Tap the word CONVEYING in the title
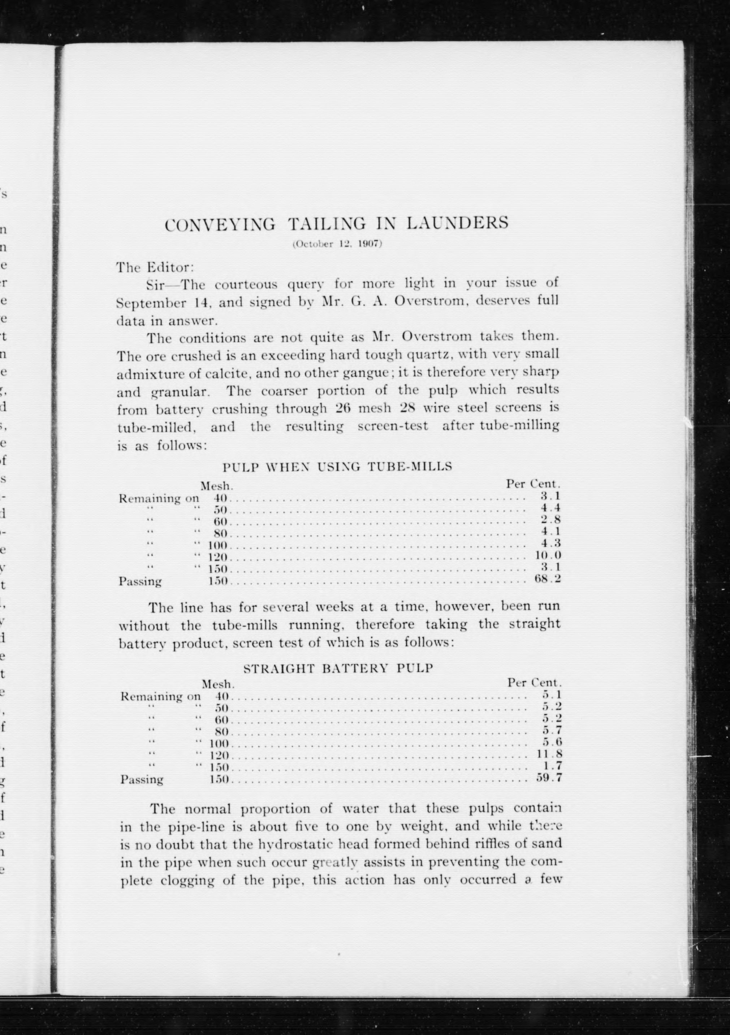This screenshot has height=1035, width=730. tap(220, 225)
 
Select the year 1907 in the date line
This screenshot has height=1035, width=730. tap(368, 244)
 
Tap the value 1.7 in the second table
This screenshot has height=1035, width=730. tap(552, 766)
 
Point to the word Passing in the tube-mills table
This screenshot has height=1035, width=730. tap(140, 581)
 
